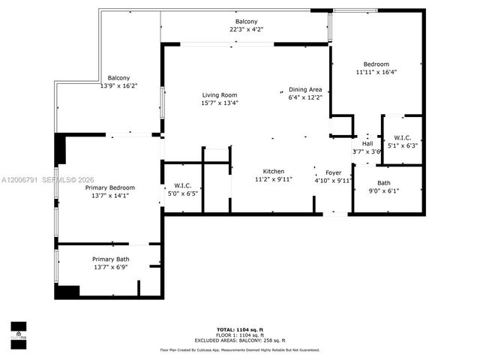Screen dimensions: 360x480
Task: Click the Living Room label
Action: pos(219,94)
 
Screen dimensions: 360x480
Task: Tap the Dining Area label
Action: pos(305,89)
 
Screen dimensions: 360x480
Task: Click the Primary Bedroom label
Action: pos(109,187)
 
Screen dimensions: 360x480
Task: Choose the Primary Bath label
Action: pos(110,259)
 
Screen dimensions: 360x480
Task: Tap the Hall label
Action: pos(367,143)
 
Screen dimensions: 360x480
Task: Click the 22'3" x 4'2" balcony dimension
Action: pos(246,29)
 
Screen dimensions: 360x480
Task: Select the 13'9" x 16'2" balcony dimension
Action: pos(118,86)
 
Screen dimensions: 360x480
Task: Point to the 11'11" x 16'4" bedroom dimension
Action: pos(376,73)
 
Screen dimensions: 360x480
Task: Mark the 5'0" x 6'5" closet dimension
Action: pos(182,193)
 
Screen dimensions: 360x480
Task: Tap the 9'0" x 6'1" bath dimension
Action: pos(383,190)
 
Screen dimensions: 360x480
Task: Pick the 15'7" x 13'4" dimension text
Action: pos(219,103)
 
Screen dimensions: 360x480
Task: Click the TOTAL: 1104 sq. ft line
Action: pos(239,329)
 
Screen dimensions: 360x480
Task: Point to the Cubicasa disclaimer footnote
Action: pos(239,349)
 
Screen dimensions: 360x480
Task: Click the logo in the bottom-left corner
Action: pos(18,331)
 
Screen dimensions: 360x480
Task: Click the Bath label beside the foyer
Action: pos(383,182)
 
